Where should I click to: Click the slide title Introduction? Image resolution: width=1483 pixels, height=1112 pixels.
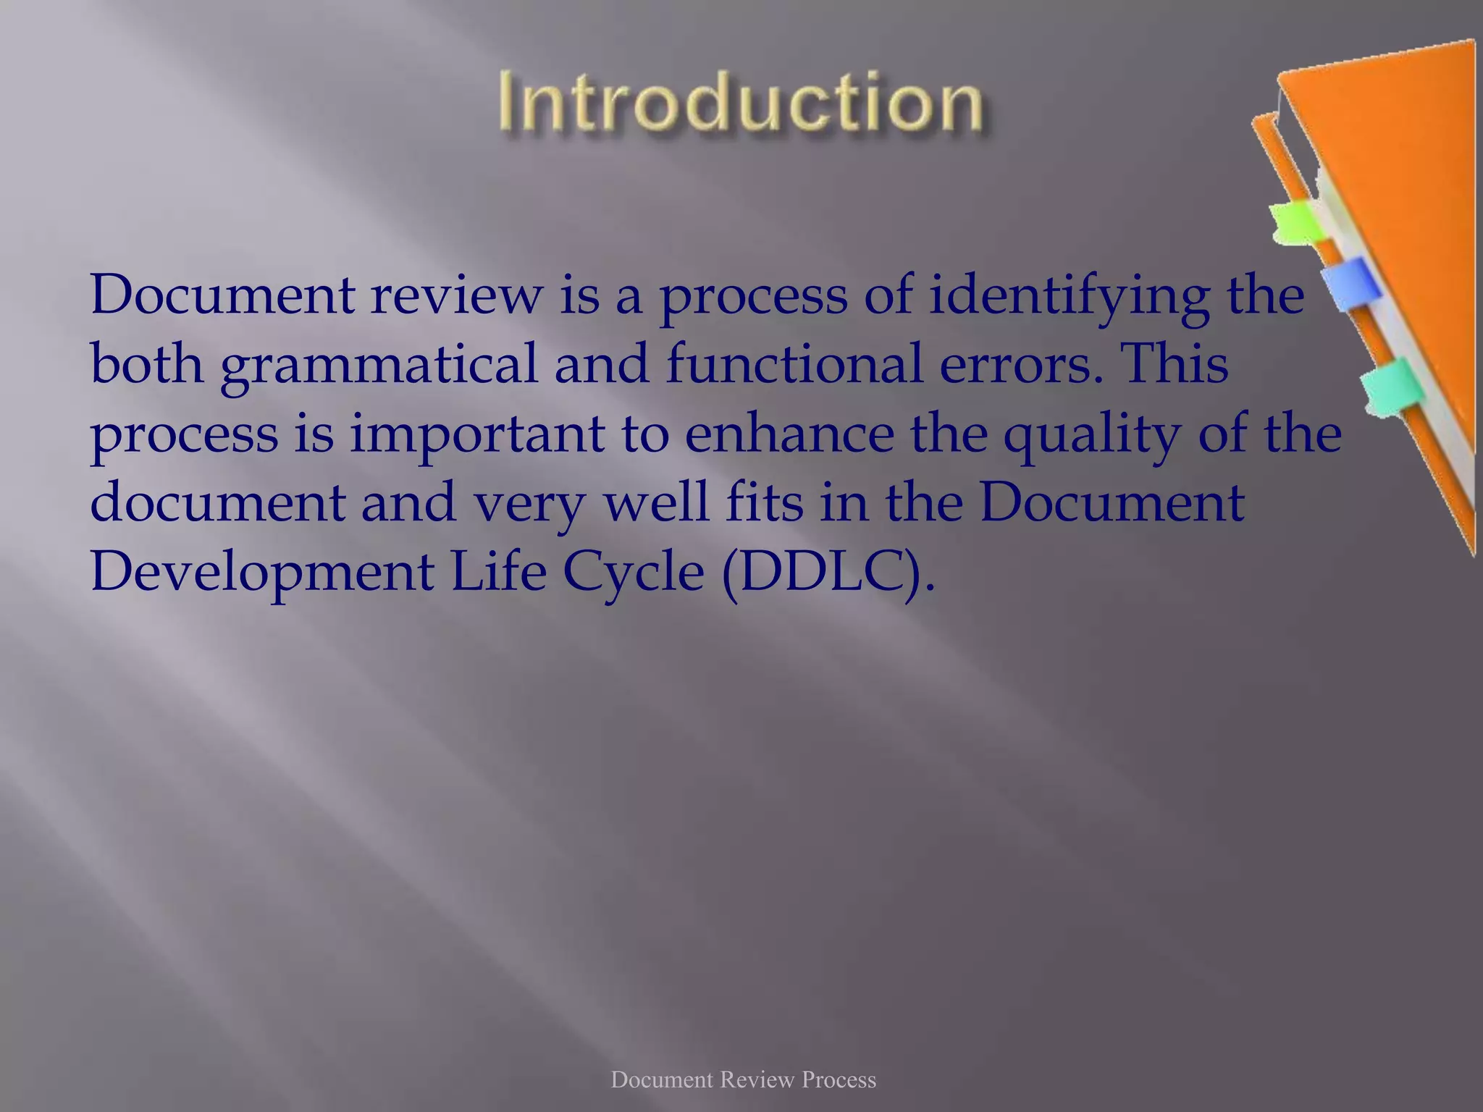(741, 104)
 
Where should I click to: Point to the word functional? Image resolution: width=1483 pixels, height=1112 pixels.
(794, 363)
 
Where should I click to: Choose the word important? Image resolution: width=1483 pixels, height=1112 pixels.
(477, 434)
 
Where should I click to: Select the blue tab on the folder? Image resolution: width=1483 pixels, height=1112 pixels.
(1349, 283)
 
